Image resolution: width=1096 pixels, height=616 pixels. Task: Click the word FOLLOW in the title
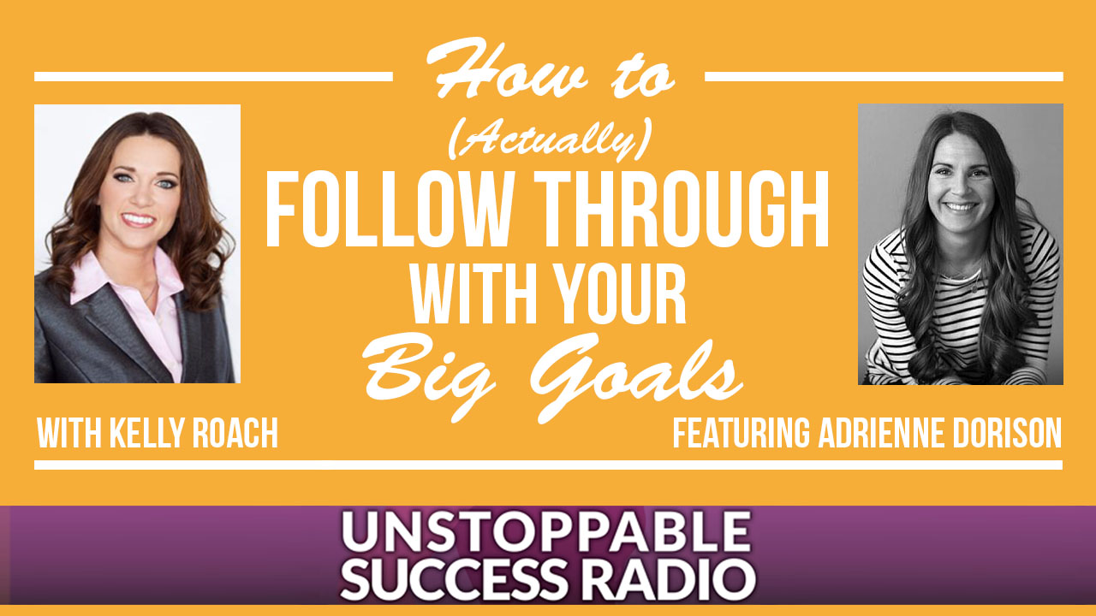pos(389,210)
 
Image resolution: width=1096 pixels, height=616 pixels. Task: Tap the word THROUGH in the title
pos(682,210)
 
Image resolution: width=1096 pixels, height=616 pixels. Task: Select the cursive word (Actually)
pos(550,139)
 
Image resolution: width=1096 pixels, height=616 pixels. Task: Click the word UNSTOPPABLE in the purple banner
pos(546,531)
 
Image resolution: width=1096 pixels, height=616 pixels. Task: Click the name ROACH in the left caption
pos(235,433)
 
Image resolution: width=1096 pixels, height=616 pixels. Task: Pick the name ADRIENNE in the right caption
pos(882,433)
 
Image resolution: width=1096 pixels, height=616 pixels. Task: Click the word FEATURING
pos(741,433)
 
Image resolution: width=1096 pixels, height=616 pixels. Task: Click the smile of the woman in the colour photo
pos(139,220)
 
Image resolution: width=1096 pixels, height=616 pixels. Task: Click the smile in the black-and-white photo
pos(960,207)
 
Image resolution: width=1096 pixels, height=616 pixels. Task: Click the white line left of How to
pos(213,77)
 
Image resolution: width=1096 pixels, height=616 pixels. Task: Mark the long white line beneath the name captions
pos(549,465)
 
